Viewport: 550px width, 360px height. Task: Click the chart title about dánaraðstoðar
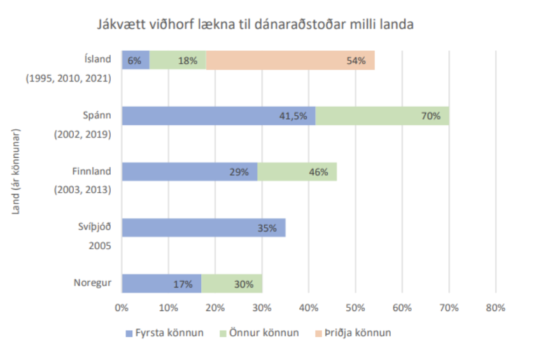pyautogui.click(x=255, y=25)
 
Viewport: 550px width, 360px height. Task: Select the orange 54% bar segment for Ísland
pyautogui.click(x=290, y=60)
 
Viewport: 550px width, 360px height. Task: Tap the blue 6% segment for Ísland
pyautogui.click(x=135, y=60)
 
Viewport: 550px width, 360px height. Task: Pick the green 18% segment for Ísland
pyautogui.click(x=178, y=60)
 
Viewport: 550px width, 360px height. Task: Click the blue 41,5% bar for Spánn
pyautogui.click(x=218, y=116)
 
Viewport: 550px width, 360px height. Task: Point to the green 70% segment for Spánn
pyautogui.click(x=382, y=116)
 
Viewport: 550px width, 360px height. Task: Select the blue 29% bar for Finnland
pyautogui.click(x=189, y=172)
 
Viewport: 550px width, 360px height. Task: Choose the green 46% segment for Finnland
pyautogui.click(x=297, y=172)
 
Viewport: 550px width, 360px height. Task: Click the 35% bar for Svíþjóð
pyautogui.click(x=203, y=228)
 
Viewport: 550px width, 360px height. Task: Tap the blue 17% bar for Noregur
pyautogui.click(x=161, y=284)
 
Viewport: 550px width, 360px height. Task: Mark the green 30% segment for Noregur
pyautogui.click(x=232, y=284)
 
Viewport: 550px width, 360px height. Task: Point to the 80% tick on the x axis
pyautogui.click(x=495, y=308)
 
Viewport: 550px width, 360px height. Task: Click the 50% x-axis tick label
pyautogui.click(x=355, y=308)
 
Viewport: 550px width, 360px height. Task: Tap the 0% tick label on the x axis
pyautogui.click(x=121, y=308)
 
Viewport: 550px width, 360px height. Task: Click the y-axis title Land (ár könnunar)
pyautogui.click(x=17, y=172)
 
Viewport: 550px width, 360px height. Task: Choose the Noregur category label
pyautogui.click(x=93, y=282)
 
